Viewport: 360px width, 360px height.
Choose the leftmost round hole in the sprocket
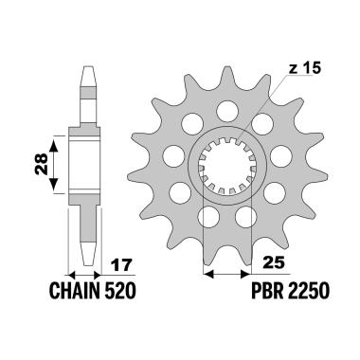(x=174, y=153)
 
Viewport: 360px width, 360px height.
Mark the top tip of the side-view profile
(x=87, y=68)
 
